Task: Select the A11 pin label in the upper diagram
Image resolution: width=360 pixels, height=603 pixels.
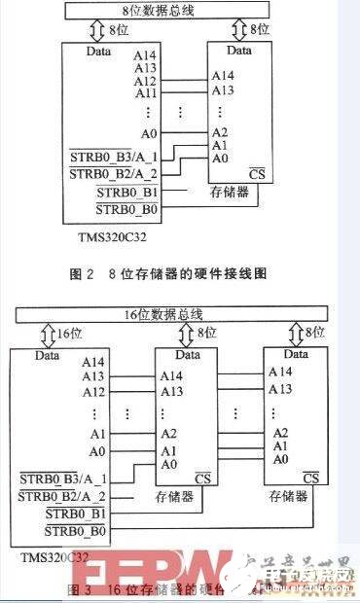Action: (146, 94)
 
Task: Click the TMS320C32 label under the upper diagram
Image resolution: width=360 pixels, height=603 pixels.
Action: (104, 234)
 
